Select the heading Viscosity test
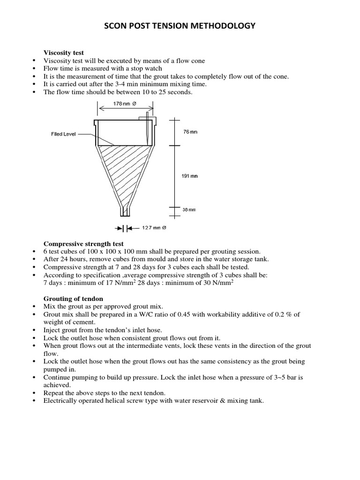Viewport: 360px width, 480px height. [64, 53]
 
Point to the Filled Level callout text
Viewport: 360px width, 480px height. [63, 134]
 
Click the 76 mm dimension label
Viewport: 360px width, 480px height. [190, 132]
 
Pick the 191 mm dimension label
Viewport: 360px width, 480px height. [189, 176]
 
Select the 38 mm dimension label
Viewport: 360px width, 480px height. [189, 210]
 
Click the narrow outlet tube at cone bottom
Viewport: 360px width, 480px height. [124, 211]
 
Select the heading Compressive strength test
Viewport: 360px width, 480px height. [83, 244]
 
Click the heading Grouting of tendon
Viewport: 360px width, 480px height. [74, 299]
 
